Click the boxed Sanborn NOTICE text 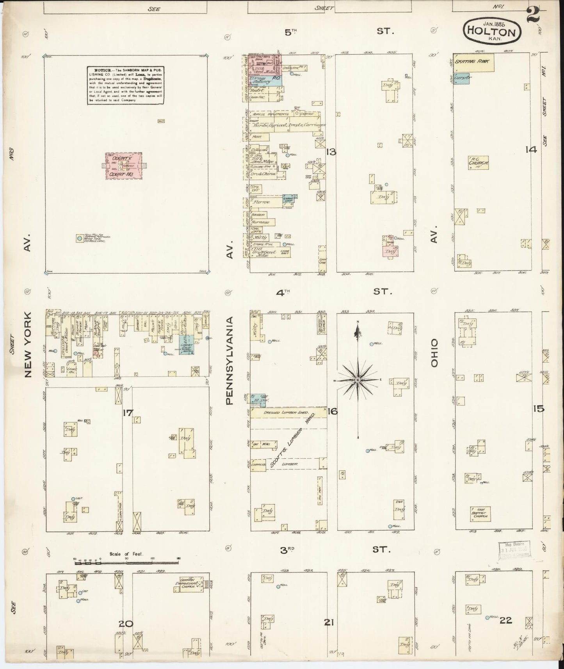click(125, 85)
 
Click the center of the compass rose click(358, 380)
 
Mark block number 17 click(127, 412)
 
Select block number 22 click(505, 620)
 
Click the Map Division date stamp click(514, 551)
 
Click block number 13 click(331, 152)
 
